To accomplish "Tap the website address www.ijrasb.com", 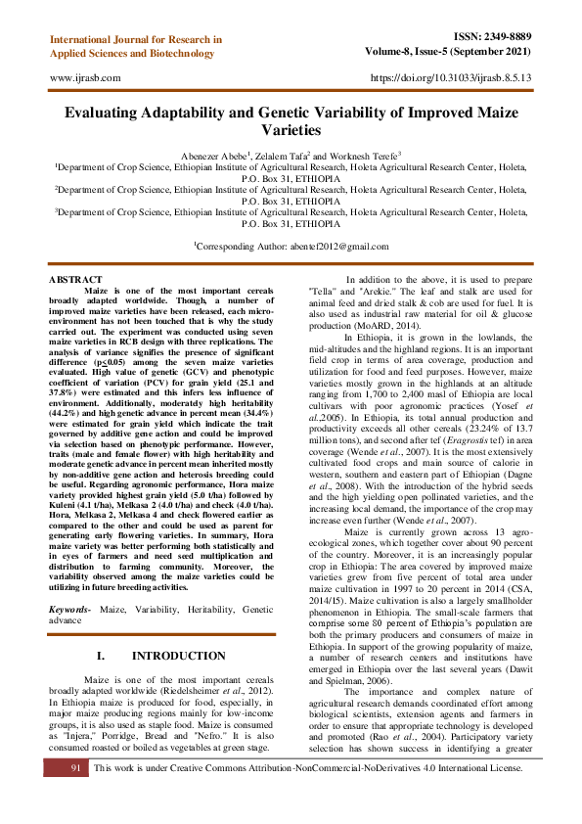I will [85, 76].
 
